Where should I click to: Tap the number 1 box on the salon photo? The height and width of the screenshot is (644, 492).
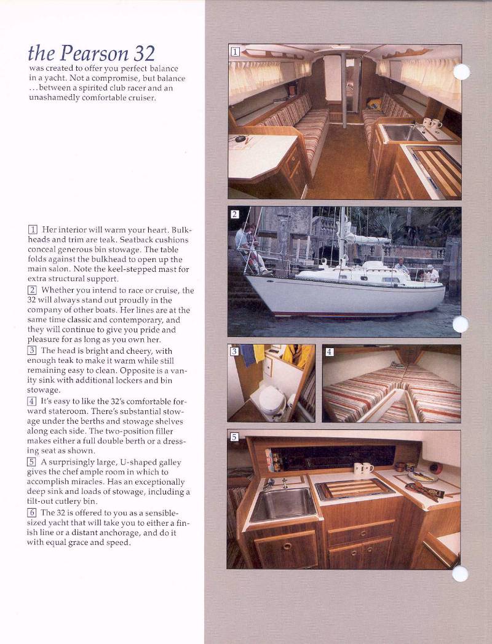pos(234,51)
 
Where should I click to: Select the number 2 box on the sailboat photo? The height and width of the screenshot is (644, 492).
pos(234,214)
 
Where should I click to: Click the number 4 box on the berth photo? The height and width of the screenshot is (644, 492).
pos(329,352)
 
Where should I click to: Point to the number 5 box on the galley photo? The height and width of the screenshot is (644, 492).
pos(234,437)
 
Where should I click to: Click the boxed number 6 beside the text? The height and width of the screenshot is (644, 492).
pos(32,512)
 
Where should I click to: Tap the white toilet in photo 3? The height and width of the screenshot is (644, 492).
pos(271,403)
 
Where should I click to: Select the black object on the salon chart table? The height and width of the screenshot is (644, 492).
pos(240,139)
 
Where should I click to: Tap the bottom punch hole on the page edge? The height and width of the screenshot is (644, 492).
pos(460,574)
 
